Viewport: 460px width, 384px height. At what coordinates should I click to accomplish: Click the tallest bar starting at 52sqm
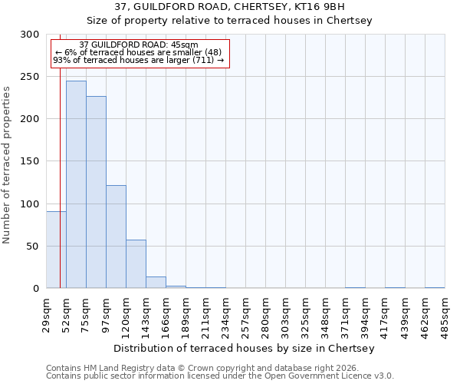76,184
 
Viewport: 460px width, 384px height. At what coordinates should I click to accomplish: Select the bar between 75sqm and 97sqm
96,192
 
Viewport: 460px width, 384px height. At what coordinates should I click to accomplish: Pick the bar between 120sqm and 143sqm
136,264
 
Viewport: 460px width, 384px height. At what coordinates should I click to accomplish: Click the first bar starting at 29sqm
56,250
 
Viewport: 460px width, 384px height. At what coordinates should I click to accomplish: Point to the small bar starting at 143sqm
156,283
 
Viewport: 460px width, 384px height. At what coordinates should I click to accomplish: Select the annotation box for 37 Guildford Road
140,53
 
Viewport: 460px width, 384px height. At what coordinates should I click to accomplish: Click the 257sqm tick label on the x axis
245,314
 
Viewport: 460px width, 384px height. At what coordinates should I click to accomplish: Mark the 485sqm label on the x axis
445,314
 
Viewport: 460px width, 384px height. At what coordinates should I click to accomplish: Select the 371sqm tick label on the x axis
345,314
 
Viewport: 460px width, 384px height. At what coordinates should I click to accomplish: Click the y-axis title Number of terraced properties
7,165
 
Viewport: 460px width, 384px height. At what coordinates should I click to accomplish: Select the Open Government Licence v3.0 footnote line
220,376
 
